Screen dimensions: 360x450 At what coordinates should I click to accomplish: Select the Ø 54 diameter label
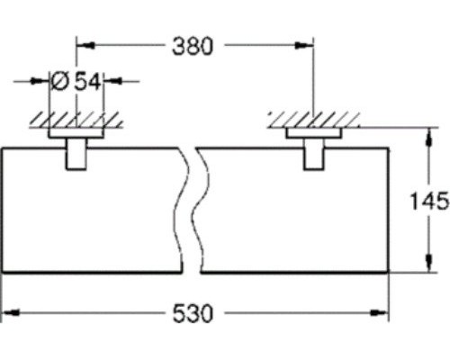[76, 81]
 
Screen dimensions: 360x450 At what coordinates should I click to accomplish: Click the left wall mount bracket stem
[76, 156]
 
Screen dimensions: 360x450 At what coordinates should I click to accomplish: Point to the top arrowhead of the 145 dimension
[425, 134]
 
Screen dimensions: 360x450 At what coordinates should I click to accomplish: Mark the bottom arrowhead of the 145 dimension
[425, 265]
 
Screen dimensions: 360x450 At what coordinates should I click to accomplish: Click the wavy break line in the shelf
[191, 207]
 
